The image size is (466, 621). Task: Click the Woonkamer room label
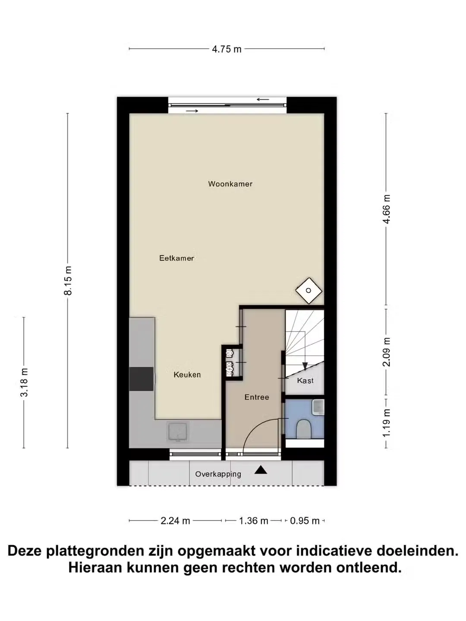pyautogui.click(x=230, y=184)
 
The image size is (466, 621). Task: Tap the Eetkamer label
pyautogui.click(x=176, y=258)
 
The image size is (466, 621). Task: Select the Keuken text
pyautogui.click(x=187, y=375)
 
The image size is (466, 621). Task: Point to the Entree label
pyautogui.click(x=257, y=397)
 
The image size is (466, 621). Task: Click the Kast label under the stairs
pyautogui.click(x=305, y=380)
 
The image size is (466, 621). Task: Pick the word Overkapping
pyautogui.click(x=218, y=474)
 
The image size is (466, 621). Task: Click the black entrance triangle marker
pyautogui.click(x=261, y=470)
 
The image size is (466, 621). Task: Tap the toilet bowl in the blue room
pyautogui.click(x=304, y=429)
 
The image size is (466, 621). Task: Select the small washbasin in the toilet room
pyautogui.click(x=318, y=407)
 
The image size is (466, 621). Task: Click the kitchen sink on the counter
pyautogui.click(x=178, y=432)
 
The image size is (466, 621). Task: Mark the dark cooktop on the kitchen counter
pyautogui.click(x=142, y=379)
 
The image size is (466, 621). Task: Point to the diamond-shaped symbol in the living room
pyautogui.click(x=309, y=291)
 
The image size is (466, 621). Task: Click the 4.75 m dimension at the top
pyautogui.click(x=227, y=49)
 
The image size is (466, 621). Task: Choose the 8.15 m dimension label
pyautogui.click(x=68, y=280)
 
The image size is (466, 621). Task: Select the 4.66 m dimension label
pyautogui.click(x=387, y=209)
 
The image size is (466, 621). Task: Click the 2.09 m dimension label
pyautogui.click(x=387, y=352)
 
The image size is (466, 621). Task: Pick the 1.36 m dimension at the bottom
pyautogui.click(x=254, y=521)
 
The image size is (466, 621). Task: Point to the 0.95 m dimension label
pyautogui.click(x=305, y=521)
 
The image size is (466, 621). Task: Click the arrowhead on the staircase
pyautogui.click(x=305, y=366)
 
